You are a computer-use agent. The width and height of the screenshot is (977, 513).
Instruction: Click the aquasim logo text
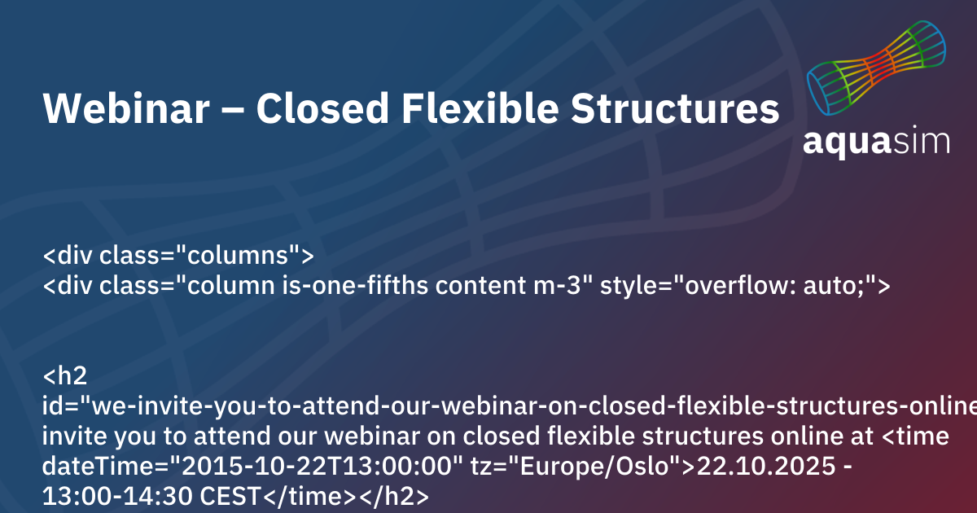click(876, 140)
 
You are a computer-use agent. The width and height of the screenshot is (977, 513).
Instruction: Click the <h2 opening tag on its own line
click(60, 376)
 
